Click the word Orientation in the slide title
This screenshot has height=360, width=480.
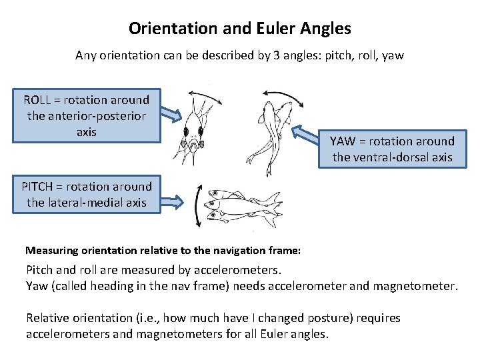click(x=164, y=29)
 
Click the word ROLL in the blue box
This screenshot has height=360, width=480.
click(x=37, y=100)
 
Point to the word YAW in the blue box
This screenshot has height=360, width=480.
click(x=343, y=141)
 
